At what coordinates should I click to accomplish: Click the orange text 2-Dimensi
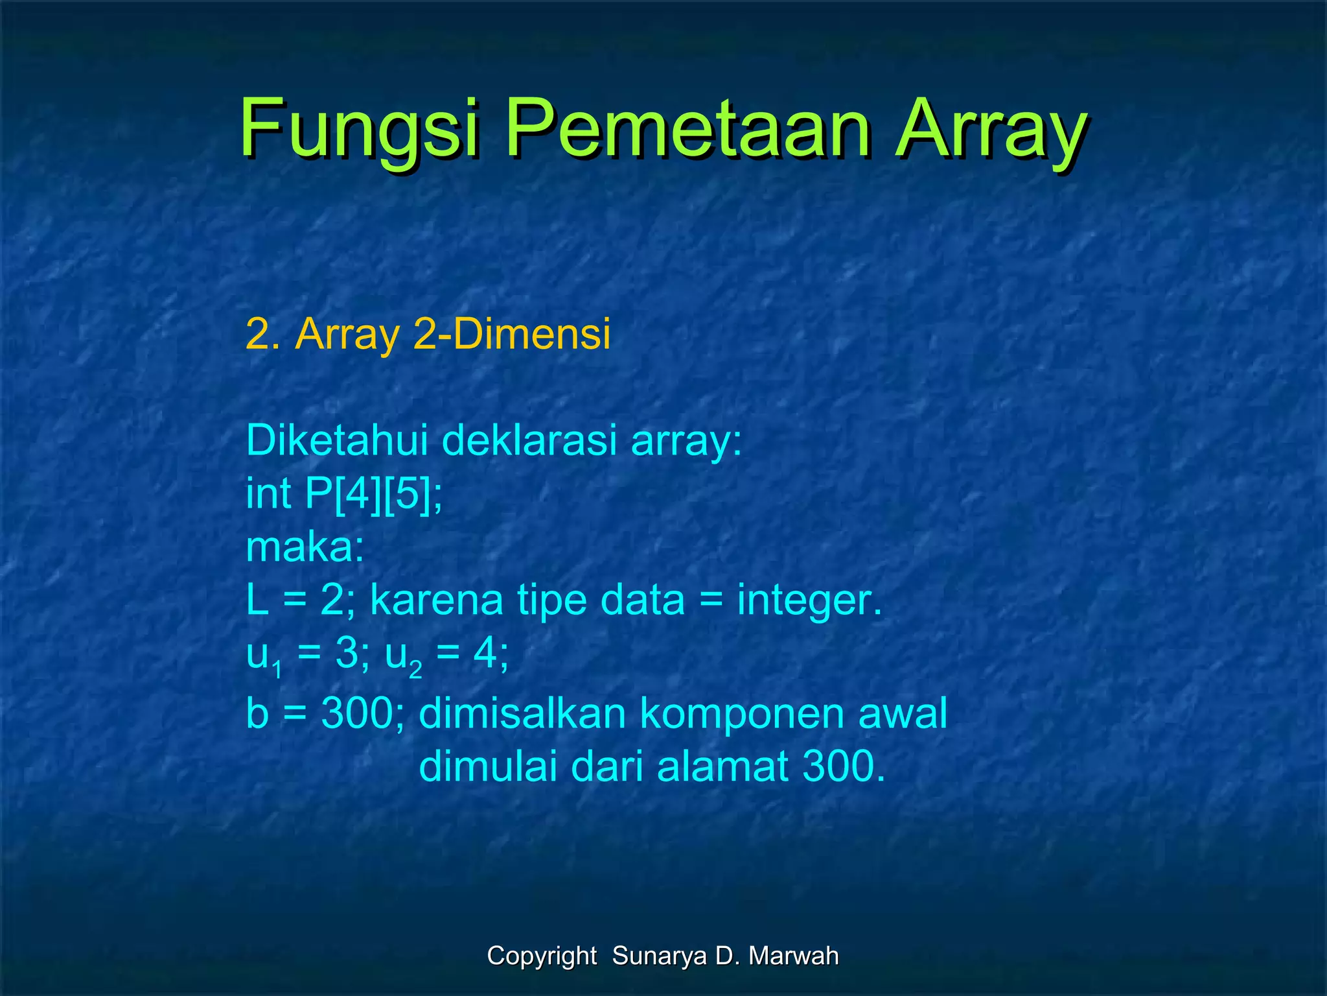coord(511,335)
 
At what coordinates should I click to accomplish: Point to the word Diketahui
coord(336,440)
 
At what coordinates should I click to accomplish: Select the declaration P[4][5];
coord(374,494)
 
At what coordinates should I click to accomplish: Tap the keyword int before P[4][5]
coord(268,493)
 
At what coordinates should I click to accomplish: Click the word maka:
coord(305,547)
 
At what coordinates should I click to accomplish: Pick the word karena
coord(436,600)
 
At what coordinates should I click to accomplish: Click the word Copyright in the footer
coord(542,956)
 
